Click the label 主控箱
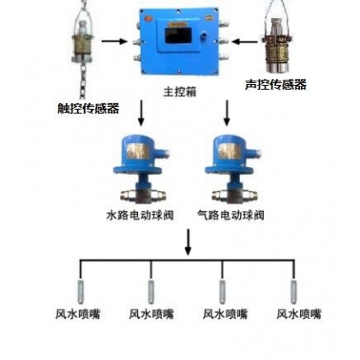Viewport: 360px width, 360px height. click(180, 92)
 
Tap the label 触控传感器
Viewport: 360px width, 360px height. click(88, 108)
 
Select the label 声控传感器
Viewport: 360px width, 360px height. click(276, 85)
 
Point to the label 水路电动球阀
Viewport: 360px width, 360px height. click(140, 215)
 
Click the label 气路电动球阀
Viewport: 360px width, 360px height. click(231, 215)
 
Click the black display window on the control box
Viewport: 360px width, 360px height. click(178, 35)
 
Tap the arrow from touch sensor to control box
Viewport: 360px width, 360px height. click(114, 41)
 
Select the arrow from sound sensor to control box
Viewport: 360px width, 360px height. click(245, 42)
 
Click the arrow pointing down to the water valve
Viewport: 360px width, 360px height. click(141, 113)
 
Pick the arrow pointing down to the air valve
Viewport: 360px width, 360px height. click(227, 113)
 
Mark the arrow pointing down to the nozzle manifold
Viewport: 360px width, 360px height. click(188, 242)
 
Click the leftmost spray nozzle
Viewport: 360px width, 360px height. click(81, 291)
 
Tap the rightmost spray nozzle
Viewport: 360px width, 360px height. click(293, 291)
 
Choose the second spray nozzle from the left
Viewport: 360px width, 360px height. click(151, 291)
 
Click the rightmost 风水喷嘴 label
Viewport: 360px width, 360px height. click(298, 314)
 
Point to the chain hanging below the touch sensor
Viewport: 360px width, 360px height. click(83, 77)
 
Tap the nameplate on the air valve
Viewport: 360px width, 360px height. click(230, 150)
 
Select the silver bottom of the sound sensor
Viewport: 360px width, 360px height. click(276, 65)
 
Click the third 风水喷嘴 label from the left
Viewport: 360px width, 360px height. click(225, 314)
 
